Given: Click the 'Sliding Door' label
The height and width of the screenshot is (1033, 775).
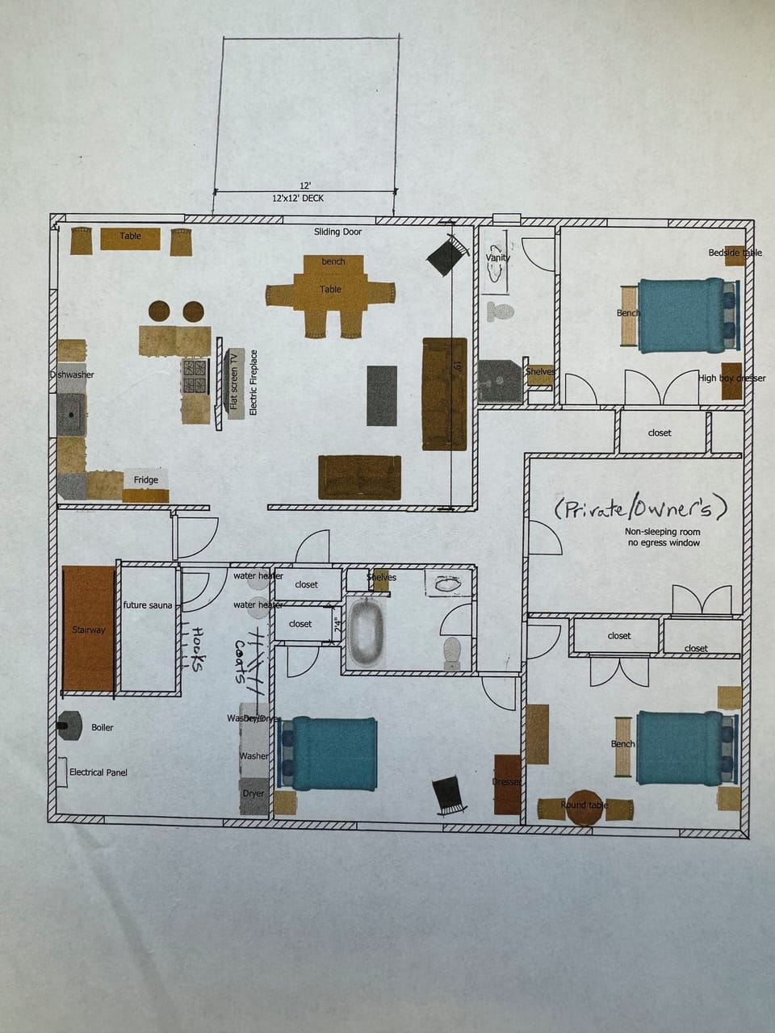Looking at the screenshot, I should [338, 232].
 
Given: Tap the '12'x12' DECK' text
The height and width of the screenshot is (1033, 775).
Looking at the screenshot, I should [298, 198].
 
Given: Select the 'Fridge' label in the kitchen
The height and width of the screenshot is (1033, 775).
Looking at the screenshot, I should [146, 480].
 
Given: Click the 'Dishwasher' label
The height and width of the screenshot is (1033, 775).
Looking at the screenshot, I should [72, 375].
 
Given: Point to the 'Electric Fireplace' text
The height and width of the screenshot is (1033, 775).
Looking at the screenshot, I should [253, 382].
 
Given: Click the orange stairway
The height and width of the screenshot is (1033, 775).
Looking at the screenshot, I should [89, 629].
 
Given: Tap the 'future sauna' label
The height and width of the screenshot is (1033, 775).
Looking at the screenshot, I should [148, 605].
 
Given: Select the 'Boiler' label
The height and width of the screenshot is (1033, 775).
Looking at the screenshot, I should [103, 728].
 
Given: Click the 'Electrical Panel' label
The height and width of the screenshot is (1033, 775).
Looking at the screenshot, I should [98, 773].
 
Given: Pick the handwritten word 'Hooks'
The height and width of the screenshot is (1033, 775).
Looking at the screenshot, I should [197, 650].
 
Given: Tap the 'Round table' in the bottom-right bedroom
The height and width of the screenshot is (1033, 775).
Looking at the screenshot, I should [584, 806].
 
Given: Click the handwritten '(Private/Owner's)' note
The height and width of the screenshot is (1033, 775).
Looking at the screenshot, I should [641, 508].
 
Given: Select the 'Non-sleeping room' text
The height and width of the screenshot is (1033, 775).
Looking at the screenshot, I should [663, 532].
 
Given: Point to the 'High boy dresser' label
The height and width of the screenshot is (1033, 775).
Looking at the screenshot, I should [731, 378].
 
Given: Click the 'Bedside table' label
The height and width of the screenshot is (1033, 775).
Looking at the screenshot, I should [735, 253].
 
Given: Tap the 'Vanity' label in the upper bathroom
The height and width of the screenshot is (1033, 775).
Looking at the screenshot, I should [498, 257].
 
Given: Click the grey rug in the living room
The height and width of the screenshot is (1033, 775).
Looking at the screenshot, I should [382, 395].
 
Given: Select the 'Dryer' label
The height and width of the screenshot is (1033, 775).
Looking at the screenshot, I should [253, 794].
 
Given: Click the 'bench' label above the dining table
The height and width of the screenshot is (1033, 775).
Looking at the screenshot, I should [333, 262].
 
